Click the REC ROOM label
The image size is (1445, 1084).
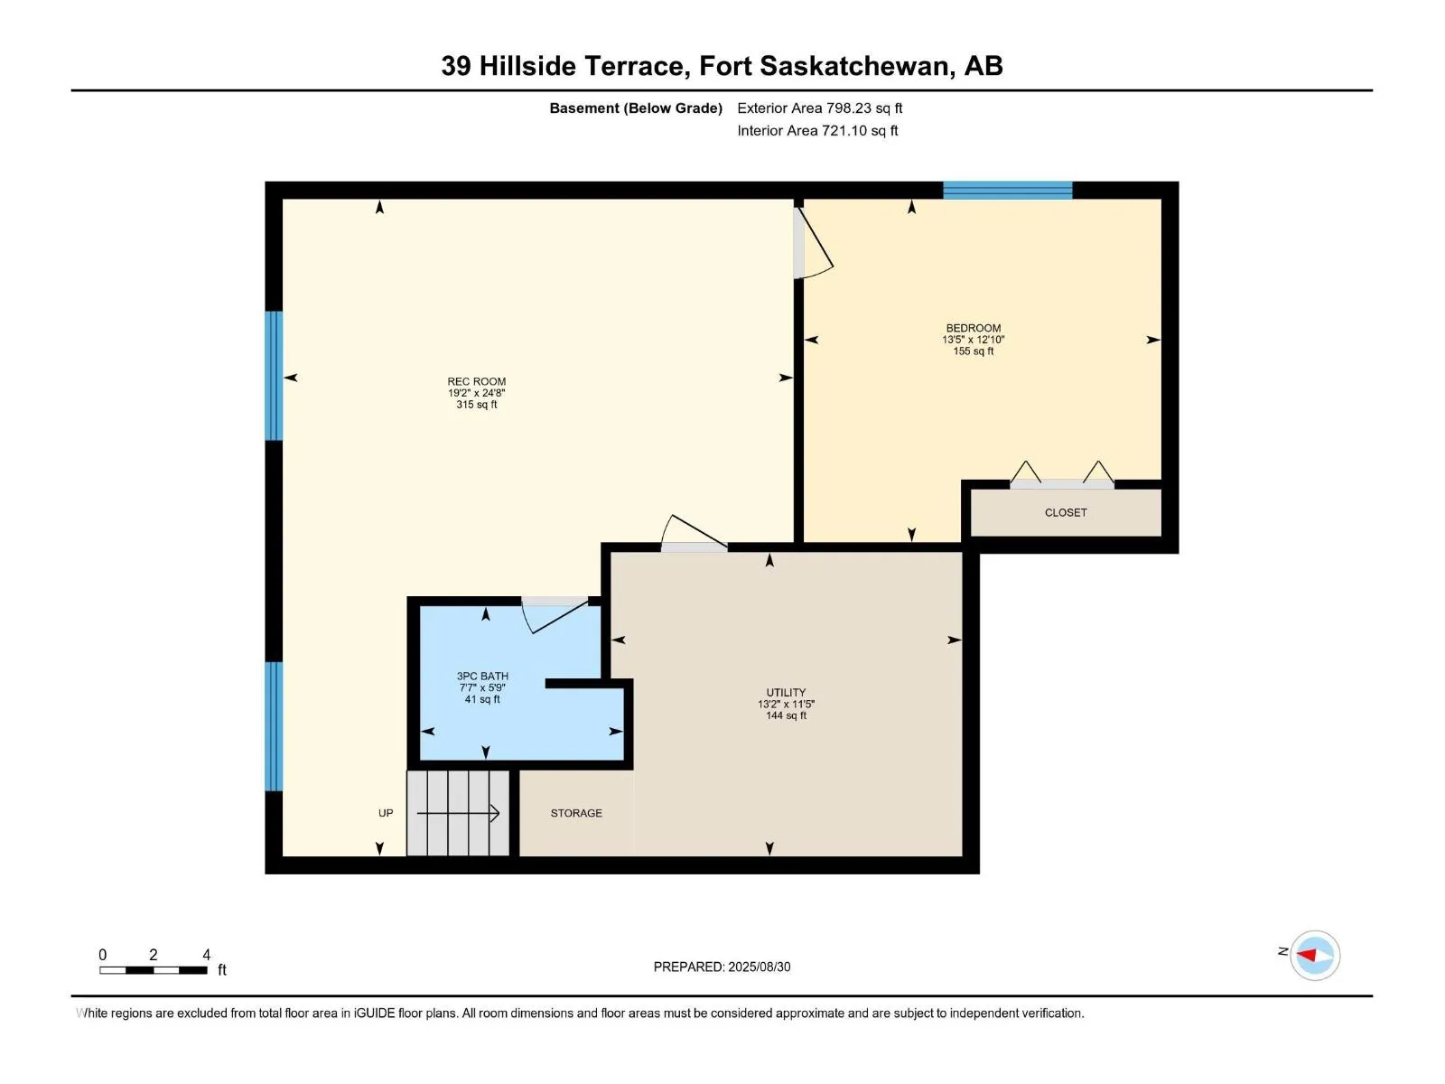coord(476,381)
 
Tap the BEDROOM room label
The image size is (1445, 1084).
coord(973,328)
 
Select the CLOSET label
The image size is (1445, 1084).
coord(1065,512)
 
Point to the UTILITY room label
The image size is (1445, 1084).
coord(786,692)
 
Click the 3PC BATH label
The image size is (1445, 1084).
coord(482,676)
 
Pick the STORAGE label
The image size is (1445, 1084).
coord(576,813)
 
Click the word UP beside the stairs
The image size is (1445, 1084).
coord(386,813)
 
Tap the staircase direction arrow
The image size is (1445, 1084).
coord(458,814)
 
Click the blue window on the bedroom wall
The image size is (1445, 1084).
coord(1007,191)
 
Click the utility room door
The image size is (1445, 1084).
coord(694,533)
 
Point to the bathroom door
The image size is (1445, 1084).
coord(555,615)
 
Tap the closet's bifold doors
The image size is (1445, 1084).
coord(1062,475)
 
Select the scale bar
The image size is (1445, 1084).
coord(154,969)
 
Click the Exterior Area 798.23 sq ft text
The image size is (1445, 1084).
coord(820,107)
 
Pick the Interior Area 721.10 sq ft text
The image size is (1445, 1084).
coord(817,130)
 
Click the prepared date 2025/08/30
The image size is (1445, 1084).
coord(759,967)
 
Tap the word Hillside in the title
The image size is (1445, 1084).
coord(527,66)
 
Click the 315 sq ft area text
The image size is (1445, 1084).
coord(476,404)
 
